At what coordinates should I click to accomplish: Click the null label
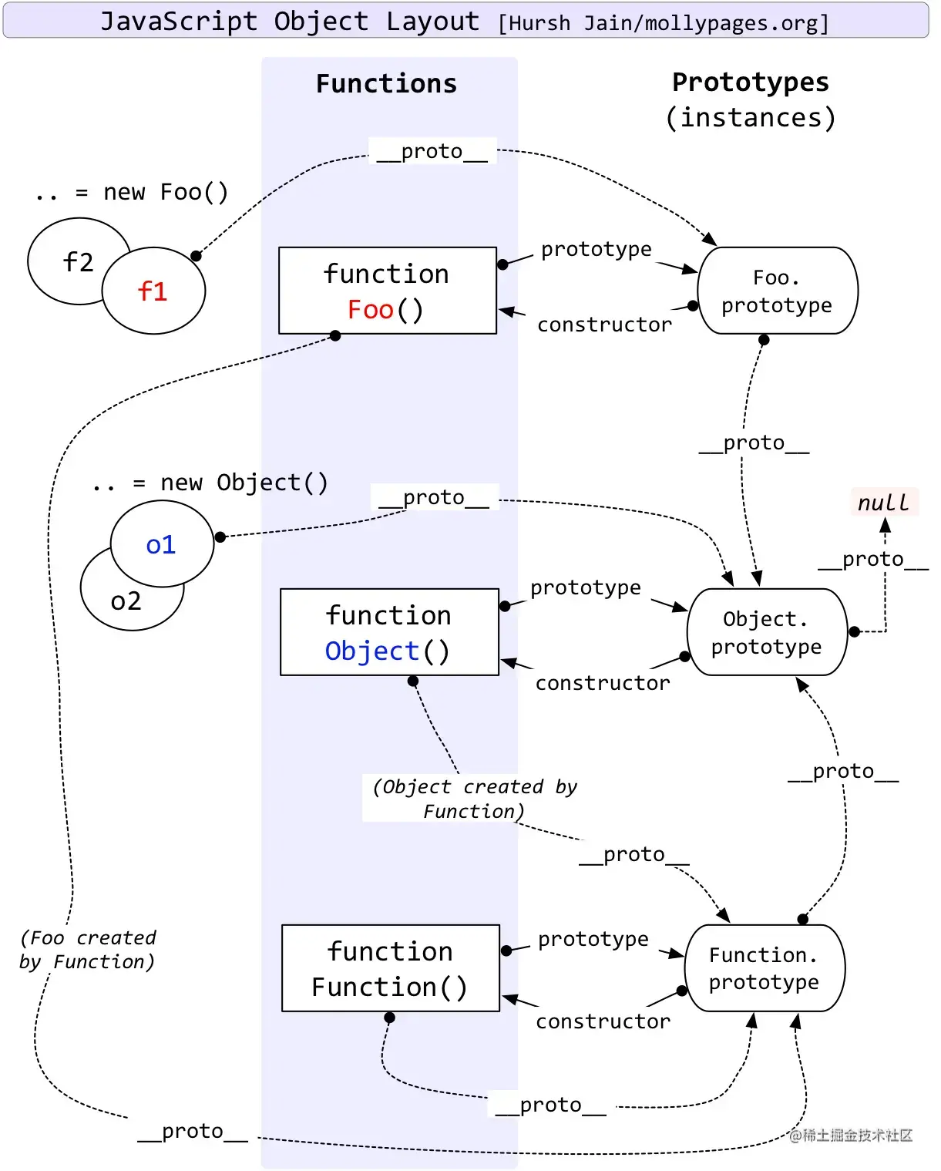click(884, 503)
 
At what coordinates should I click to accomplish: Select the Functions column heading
click(387, 84)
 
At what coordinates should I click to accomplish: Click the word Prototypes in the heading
click(751, 82)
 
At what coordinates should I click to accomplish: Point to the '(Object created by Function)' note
click(474, 798)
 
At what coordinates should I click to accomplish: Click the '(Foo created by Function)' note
click(88, 950)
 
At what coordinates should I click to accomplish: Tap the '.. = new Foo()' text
click(132, 193)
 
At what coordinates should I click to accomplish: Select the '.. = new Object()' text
click(210, 483)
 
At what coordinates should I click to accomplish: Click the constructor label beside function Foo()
click(604, 325)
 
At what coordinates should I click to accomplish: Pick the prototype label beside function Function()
click(593, 939)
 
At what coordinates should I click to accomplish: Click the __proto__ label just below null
click(873, 560)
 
